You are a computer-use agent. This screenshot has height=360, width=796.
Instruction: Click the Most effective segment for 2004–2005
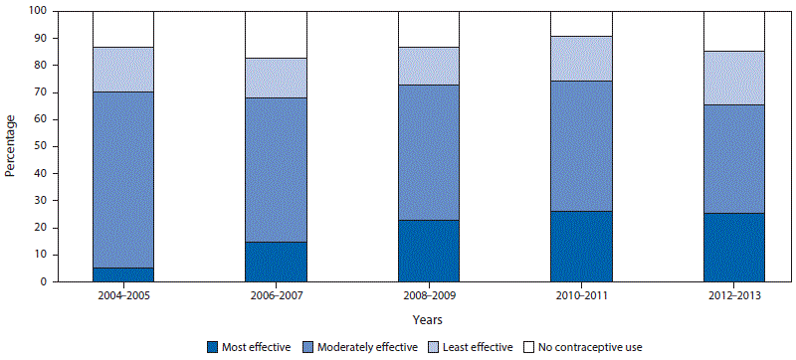coord(122,274)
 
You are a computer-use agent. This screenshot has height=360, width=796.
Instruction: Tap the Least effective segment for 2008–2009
coord(428,66)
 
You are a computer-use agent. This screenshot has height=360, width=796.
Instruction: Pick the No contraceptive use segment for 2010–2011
coord(581,24)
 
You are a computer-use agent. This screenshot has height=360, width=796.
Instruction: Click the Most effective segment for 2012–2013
coord(734,248)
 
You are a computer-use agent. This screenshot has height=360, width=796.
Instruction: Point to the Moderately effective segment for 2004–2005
coord(122,180)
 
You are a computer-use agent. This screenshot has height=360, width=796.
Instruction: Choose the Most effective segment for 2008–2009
coord(428,251)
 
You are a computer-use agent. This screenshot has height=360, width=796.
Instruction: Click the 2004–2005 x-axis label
coord(122,296)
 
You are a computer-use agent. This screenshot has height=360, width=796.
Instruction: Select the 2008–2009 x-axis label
coord(428,296)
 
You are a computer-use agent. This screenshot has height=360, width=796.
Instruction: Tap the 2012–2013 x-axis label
coord(734,296)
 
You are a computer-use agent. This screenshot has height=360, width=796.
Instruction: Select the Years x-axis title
coord(428,320)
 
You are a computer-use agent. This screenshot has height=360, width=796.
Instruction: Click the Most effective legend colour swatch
coord(212,347)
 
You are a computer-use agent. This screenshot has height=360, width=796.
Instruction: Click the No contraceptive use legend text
coord(584,347)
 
